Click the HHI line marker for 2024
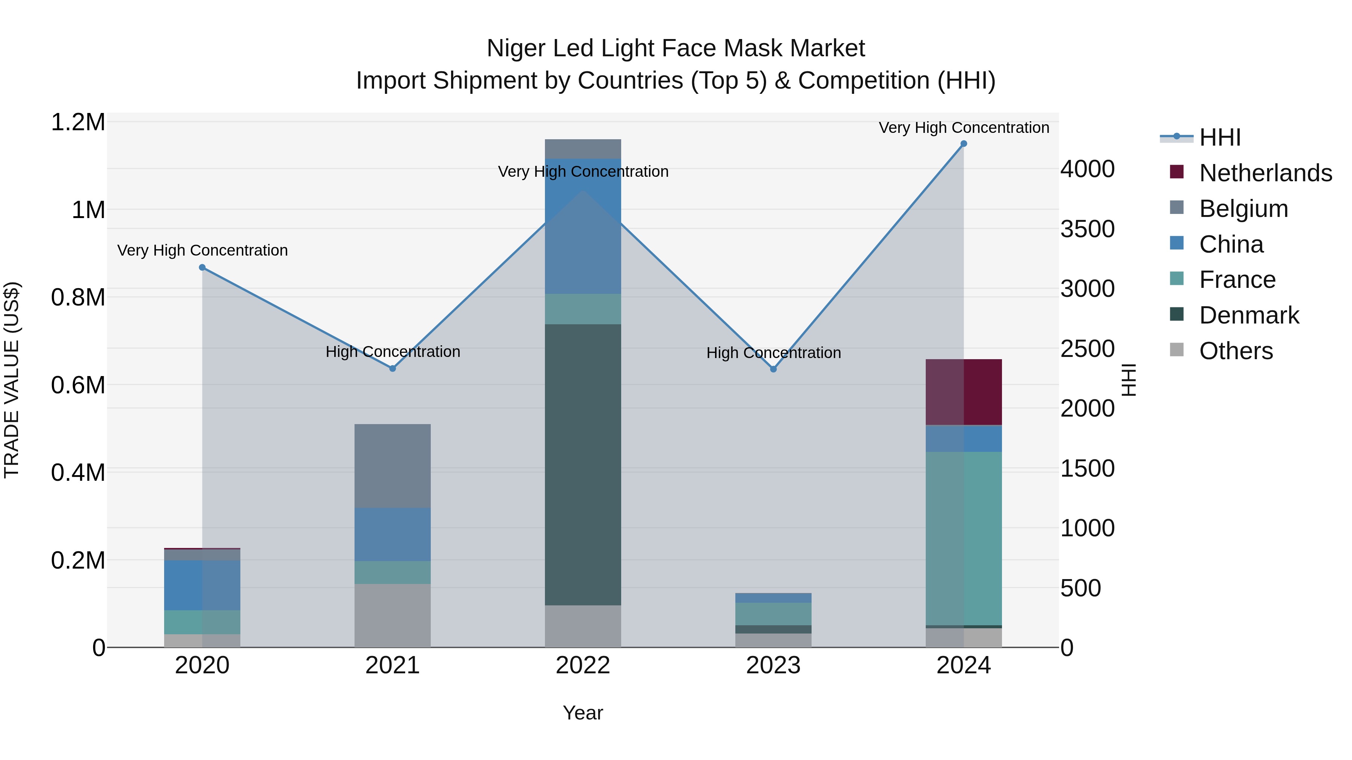(964, 144)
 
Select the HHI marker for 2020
(202, 268)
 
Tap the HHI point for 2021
(392, 369)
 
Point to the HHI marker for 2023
(773, 369)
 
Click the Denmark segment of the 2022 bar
(582, 464)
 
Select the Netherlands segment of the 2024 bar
(964, 392)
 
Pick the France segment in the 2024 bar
(964, 537)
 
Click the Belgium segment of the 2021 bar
(392, 465)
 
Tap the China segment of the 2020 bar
(202, 585)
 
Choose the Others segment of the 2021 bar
(392, 615)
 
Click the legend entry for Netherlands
(1265, 173)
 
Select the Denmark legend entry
(1249, 315)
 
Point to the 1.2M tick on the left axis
(78, 122)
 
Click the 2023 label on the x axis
(773, 665)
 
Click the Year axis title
(582, 713)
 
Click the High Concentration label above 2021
(392, 351)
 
